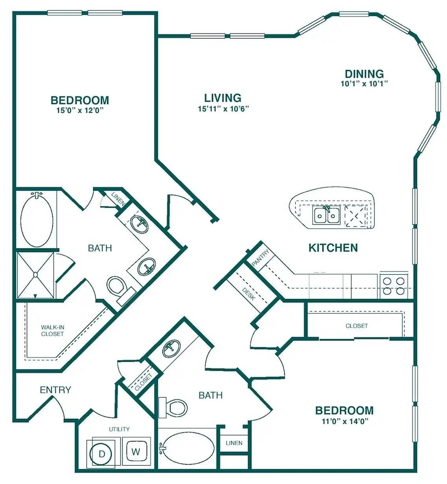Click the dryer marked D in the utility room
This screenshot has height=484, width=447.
click(102, 453)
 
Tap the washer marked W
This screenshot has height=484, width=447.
click(136, 451)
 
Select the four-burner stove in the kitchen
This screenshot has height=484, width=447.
click(394, 285)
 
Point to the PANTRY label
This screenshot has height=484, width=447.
click(261, 258)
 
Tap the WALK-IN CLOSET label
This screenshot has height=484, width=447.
click(52, 330)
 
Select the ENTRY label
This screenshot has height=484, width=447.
click(56, 390)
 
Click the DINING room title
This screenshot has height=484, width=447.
click(364, 74)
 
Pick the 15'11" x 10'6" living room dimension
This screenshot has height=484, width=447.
click(223, 109)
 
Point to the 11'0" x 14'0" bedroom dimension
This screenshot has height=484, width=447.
click(345, 421)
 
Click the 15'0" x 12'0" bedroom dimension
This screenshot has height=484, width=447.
click(79, 111)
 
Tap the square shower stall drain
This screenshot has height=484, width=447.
click(35, 275)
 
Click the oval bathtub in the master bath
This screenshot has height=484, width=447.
click(36, 220)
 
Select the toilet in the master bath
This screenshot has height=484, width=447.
click(119, 289)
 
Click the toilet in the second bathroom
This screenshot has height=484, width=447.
click(173, 407)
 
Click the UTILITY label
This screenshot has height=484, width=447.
click(119, 429)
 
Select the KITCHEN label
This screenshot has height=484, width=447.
click(333, 248)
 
